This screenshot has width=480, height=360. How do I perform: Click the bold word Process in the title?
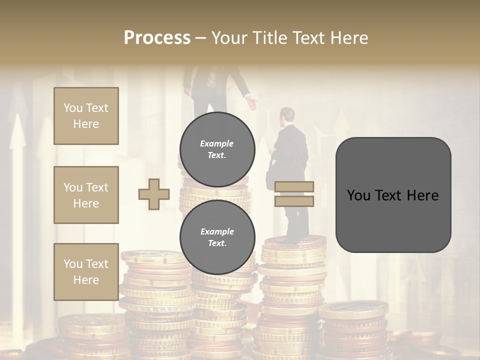pos(157,38)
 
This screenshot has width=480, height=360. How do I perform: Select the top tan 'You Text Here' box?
pos(86,116)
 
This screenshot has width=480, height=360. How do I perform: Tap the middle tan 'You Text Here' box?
pos(86,195)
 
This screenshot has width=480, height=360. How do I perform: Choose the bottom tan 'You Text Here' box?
pos(86,272)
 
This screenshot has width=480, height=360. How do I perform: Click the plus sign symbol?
pos(154,194)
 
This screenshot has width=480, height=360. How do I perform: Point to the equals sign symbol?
pos(294,194)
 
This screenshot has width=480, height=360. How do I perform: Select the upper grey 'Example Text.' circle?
pos(217,149)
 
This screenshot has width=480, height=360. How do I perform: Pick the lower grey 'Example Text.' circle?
pos(217,237)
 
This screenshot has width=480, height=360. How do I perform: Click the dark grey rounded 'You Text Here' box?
pos(393,195)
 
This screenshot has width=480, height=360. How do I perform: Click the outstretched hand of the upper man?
pos(252,104)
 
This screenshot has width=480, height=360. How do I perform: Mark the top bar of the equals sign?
pos(294,187)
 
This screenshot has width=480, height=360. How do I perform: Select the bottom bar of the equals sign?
pos(294,201)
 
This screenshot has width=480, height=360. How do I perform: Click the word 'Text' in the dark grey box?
pos(393,195)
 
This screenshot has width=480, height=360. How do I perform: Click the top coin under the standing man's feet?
pos(295,243)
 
